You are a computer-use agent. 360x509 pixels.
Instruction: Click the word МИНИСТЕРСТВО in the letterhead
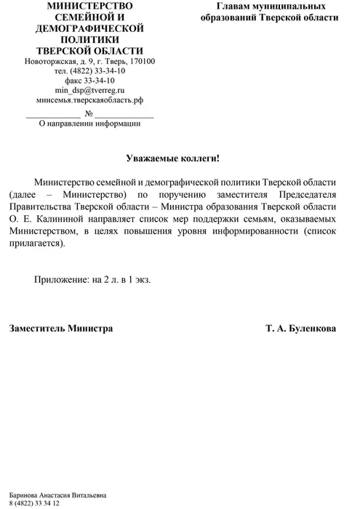point(89,6)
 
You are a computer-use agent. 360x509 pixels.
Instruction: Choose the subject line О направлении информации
point(89,124)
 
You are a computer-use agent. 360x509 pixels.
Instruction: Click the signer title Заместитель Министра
point(61,329)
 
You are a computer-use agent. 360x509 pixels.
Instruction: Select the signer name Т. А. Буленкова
point(301,329)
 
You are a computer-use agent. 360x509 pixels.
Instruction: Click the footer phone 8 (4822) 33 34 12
point(34,503)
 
